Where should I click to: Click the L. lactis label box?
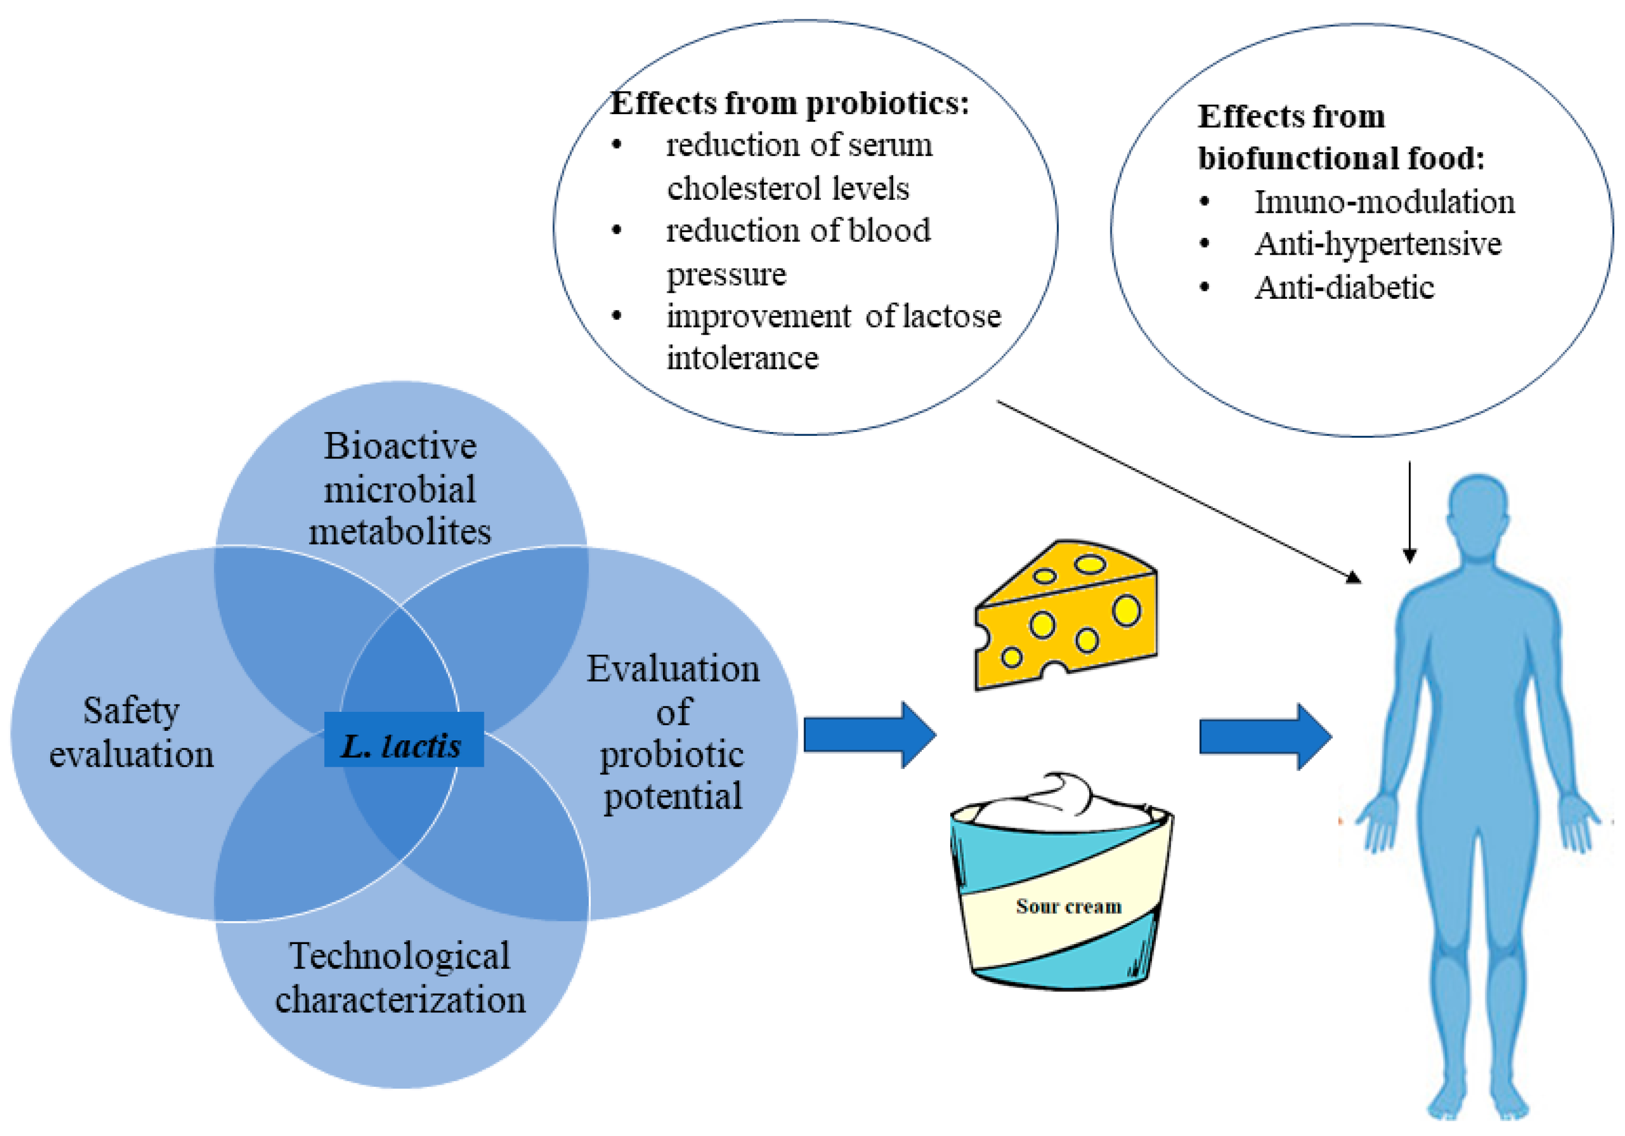(403, 739)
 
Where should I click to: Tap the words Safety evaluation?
(131, 732)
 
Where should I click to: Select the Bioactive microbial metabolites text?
(400, 489)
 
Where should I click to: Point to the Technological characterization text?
(400, 978)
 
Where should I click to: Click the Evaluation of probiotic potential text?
(673, 732)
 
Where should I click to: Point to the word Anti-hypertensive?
(1377, 244)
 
